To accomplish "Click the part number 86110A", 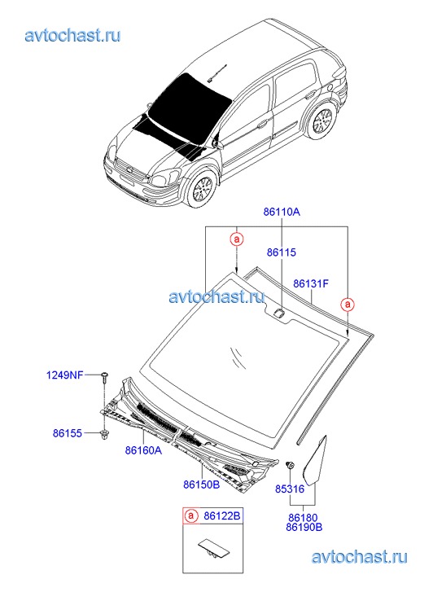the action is click(x=282, y=212).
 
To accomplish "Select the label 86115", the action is click(x=282, y=252).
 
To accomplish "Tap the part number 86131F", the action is click(x=311, y=283).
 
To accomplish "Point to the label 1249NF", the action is click(x=64, y=375).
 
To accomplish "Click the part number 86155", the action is click(x=68, y=433).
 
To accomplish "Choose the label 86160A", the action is click(x=143, y=450).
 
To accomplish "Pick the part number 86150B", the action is click(x=202, y=484).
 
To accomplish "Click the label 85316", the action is click(x=290, y=489).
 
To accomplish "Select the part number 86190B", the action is click(x=304, y=527).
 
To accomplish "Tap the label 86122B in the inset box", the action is click(x=222, y=515).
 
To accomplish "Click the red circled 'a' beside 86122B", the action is click(x=191, y=515).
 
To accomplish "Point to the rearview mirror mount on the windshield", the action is click(x=279, y=313).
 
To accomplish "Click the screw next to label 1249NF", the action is click(x=104, y=378).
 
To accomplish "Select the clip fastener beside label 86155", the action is click(x=103, y=434).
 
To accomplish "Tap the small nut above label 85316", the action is click(x=291, y=464).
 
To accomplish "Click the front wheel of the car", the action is click(x=202, y=189).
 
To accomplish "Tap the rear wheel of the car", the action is click(x=323, y=121).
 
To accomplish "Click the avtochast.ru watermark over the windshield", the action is click(x=216, y=296).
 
